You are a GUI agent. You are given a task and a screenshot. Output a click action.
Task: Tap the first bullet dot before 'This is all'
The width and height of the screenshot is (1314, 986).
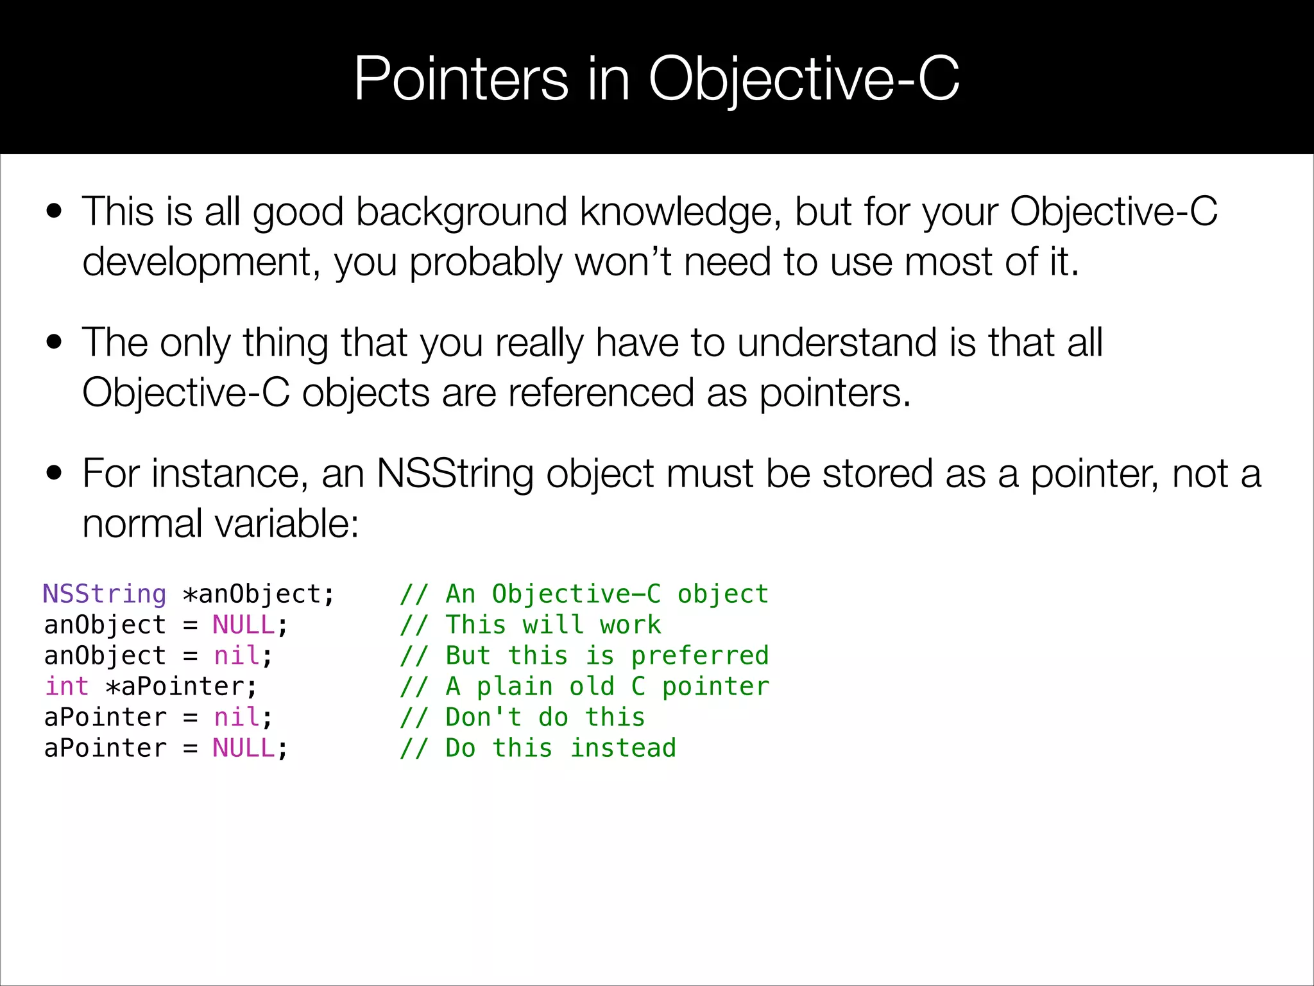click(55, 211)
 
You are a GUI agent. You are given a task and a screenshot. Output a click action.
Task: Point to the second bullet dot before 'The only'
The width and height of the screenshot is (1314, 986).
click(55, 342)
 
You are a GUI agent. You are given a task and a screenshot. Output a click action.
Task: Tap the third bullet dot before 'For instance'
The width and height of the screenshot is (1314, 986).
click(55, 474)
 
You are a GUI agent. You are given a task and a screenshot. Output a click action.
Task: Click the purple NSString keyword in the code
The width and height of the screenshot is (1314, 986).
click(105, 594)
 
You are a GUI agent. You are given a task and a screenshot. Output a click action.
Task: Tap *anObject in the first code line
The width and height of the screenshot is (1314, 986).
click(258, 594)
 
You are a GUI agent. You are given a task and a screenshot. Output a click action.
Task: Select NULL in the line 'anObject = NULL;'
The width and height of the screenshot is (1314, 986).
click(244, 625)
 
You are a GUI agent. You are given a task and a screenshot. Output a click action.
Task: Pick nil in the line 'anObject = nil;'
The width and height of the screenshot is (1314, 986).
click(237, 655)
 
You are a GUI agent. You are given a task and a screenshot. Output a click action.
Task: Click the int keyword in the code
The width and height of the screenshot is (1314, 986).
click(67, 686)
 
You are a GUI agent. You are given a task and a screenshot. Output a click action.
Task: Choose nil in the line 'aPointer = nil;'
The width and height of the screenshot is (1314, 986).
click(237, 717)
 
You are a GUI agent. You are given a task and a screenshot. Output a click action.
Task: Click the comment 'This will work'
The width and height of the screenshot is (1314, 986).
click(553, 625)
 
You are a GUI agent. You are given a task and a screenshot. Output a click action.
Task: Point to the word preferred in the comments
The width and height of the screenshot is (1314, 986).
click(700, 655)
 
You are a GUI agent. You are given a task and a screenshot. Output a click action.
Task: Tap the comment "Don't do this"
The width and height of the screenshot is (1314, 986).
click(545, 717)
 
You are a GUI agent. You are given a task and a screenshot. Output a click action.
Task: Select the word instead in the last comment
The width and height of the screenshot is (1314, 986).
click(623, 748)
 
